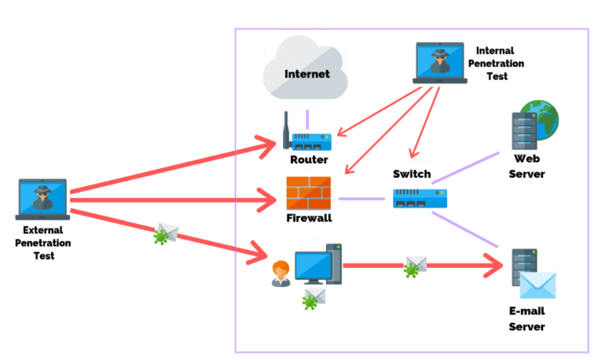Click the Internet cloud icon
pyautogui.click(x=307, y=72)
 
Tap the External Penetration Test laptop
pyautogui.click(x=42, y=198)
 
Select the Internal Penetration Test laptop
pyautogui.click(x=439, y=63)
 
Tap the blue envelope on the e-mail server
pyautogui.click(x=538, y=285)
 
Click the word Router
pyautogui.click(x=309, y=160)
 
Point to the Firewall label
pyautogui.click(x=309, y=218)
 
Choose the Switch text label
pyautogui.click(x=412, y=174)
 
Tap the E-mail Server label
pyautogui.click(x=527, y=319)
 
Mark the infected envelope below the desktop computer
pyautogui.click(x=314, y=299)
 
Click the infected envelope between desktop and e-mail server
pyautogui.click(x=415, y=266)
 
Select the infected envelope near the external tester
pyautogui.click(x=167, y=233)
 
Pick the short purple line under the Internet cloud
pyautogui.click(x=307, y=119)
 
